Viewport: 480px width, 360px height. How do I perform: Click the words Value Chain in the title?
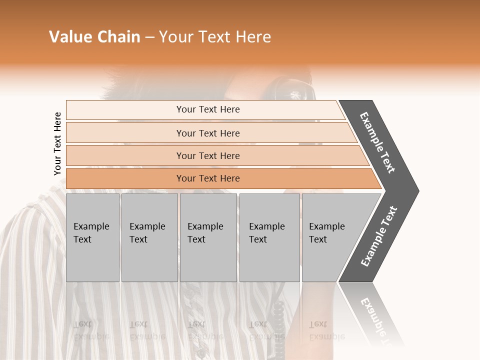94,37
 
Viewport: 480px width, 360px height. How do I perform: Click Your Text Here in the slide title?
215,37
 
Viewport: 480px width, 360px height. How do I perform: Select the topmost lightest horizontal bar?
207,109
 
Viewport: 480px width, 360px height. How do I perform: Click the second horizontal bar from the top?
207,133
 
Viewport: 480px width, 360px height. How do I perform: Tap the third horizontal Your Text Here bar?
207,155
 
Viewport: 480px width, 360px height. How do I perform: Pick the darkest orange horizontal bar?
207,178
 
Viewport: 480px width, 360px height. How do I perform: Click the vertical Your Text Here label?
57,143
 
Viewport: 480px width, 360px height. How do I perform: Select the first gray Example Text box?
92,237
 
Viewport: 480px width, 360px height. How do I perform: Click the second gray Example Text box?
149,237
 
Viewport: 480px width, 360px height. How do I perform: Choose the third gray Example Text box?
208,237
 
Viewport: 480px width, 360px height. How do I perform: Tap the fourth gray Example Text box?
269,237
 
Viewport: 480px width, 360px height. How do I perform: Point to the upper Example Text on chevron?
378,142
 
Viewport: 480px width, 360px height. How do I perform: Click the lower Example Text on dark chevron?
379,236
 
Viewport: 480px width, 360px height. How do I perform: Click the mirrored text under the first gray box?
90,330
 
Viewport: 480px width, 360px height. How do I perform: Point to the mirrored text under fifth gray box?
325,330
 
